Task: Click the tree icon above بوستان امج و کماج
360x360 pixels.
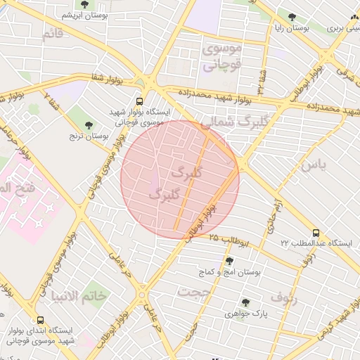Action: [229, 262]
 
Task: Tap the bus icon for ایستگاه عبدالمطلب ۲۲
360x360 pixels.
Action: [315, 232]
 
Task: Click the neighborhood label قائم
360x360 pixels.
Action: [52, 34]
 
